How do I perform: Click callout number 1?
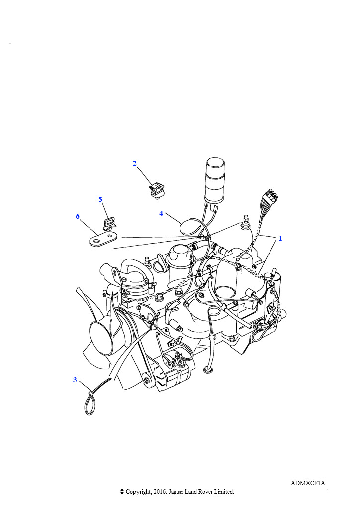pyautogui.click(x=280, y=238)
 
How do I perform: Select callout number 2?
pyautogui.click(x=134, y=163)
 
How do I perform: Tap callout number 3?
pyautogui.click(x=75, y=380)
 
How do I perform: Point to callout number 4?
pyautogui.click(x=161, y=213)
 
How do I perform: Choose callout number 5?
pyautogui.click(x=100, y=199)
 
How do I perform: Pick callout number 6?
pyautogui.click(x=78, y=216)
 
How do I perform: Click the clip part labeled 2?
pyautogui.click(x=156, y=190)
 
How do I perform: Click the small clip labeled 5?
pyautogui.click(x=109, y=223)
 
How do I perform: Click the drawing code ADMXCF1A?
pyautogui.click(x=307, y=483)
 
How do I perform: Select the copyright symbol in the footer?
pyautogui.click(x=122, y=492)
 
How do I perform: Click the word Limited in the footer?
pyautogui.click(x=223, y=492)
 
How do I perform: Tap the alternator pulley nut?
pyautogui.click(x=146, y=379)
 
